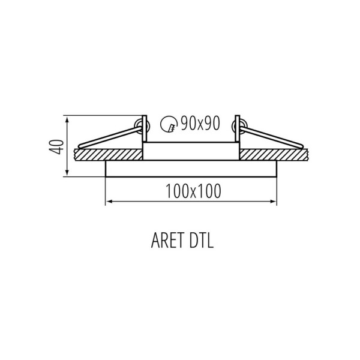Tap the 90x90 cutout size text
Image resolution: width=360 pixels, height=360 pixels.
pyautogui.click(x=200, y=124)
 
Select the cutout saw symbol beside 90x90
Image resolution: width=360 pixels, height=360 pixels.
pyautogui.click(x=169, y=125)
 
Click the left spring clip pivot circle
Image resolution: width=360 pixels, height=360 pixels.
pyautogui.click(x=143, y=126)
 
